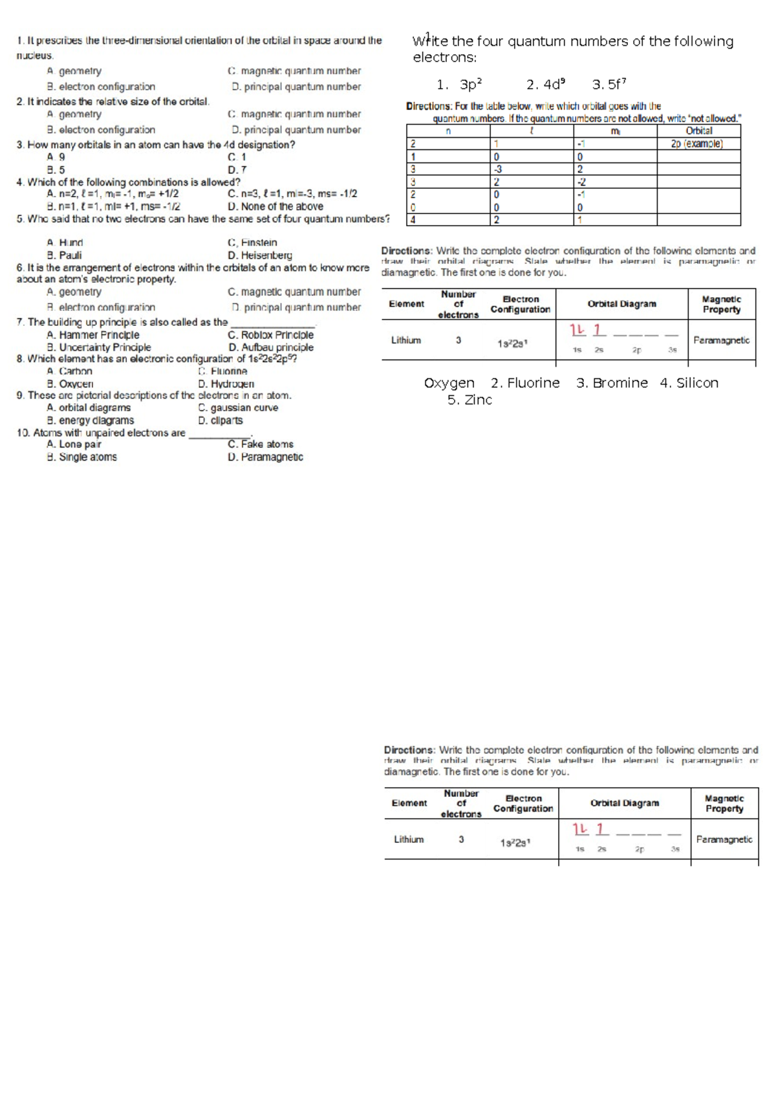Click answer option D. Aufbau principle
click(270, 347)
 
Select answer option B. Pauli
click(64, 255)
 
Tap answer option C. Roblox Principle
click(270, 335)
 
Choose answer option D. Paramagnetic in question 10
click(265, 457)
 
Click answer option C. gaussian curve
click(238, 408)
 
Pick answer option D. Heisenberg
click(260, 255)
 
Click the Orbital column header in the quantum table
click(698, 131)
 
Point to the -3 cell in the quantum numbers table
click(498, 169)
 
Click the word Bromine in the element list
click(612, 383)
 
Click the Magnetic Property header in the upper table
click(722, 304)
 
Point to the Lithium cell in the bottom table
click(409, 840)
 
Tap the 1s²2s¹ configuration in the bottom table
click(515, 843)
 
